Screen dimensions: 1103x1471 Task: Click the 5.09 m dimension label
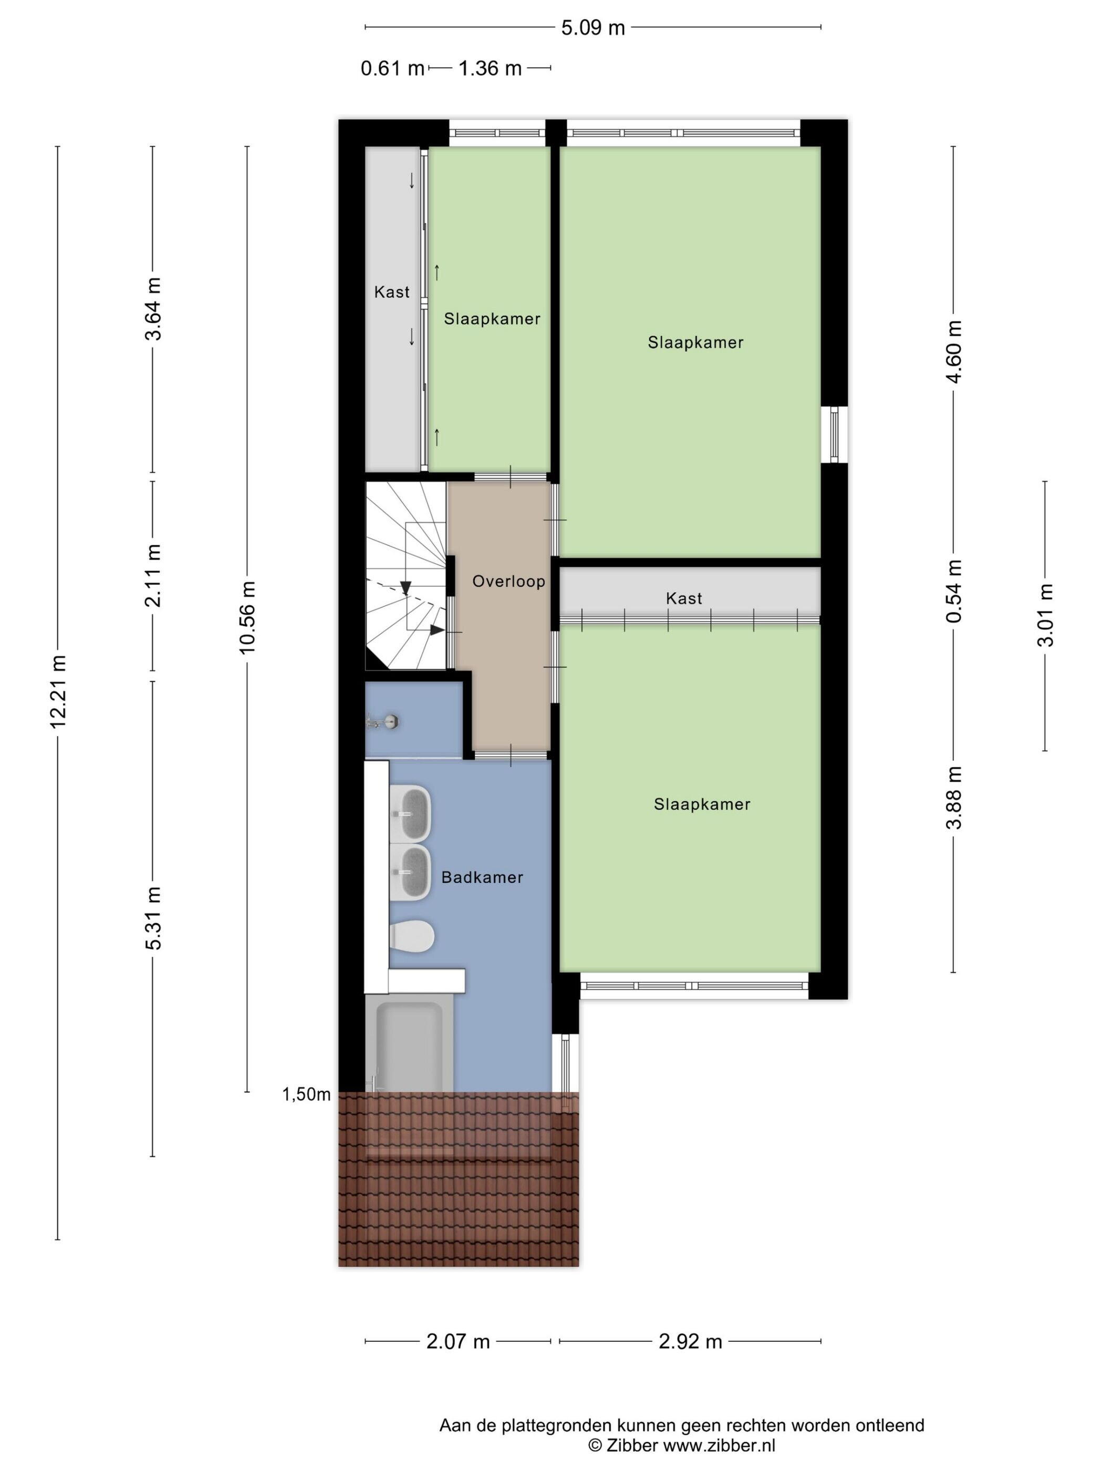[592, 27]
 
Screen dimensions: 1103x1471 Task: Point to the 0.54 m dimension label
[954, 591]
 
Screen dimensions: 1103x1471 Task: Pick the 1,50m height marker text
[307, 1094]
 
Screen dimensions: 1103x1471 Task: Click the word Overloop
[508, 581]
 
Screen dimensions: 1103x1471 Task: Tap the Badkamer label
[482, 877]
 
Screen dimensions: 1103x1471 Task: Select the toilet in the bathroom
[413, 937]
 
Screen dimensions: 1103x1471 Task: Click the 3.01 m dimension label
[1045, 615]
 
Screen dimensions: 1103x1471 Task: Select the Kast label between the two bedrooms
[684, 598]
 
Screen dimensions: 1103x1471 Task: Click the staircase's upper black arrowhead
[405, 588]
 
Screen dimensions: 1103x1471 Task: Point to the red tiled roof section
[459, 1178]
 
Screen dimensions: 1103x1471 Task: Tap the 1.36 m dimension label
[490, 68]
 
